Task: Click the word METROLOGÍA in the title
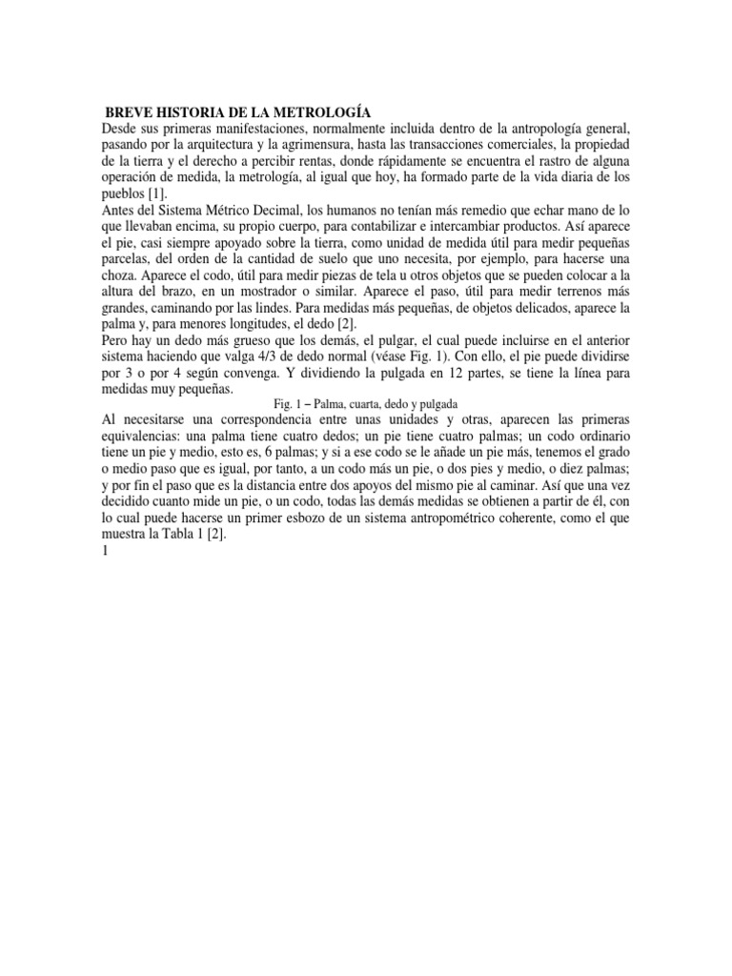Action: coord(319,112)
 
